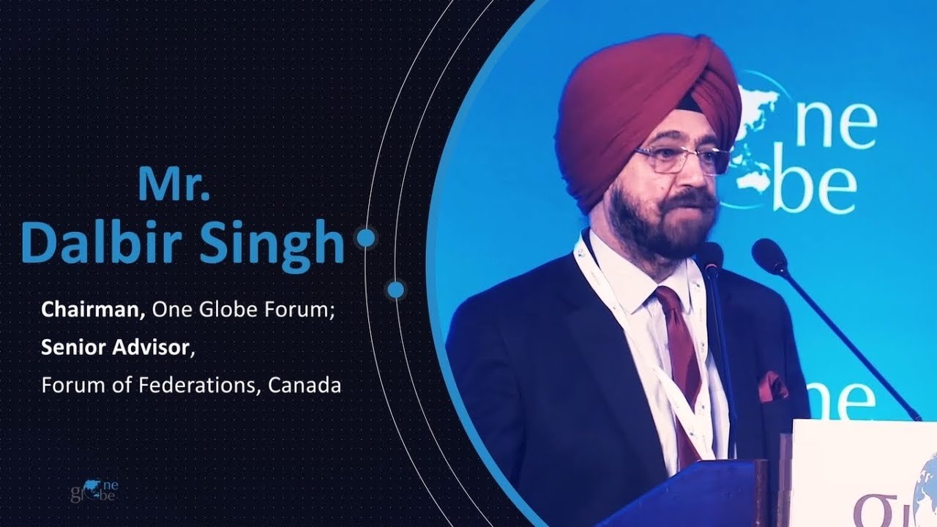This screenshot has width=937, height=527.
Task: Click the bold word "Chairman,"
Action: click(95, 310)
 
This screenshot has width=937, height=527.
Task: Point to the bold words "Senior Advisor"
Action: click(115, 348)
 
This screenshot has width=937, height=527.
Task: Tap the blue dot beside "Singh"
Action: click(364, 237)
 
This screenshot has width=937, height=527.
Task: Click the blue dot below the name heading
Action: click(395, 290)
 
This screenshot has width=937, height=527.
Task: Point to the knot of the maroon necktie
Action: click(668, 299)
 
